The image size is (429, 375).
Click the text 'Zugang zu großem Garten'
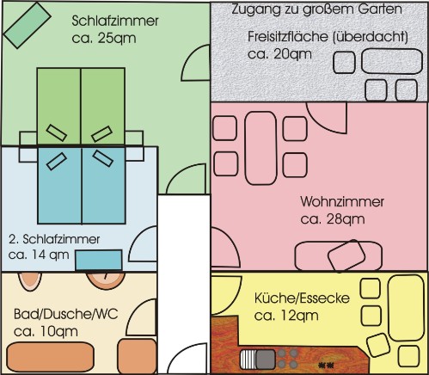[316, 9]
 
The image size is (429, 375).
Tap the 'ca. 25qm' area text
[104, 39]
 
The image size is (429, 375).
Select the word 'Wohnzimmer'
[342, 201]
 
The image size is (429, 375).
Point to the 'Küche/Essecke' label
[302, 298]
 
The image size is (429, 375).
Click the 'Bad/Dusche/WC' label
[66, 314]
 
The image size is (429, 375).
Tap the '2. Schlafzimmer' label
[54, 239]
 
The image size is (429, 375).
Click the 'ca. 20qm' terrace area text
[279, 54]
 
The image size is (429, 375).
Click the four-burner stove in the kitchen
[287, 358]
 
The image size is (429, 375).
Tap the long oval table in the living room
[260, 148]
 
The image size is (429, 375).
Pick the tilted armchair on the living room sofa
[346, 255]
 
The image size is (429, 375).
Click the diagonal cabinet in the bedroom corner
[27, 25]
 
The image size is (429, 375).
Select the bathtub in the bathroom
[51, 357]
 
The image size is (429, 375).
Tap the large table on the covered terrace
[392, 61]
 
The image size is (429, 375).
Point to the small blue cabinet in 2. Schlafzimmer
[99, 260]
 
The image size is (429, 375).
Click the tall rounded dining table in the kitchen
[406, 308]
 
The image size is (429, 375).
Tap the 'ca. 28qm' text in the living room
[333, 219]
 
